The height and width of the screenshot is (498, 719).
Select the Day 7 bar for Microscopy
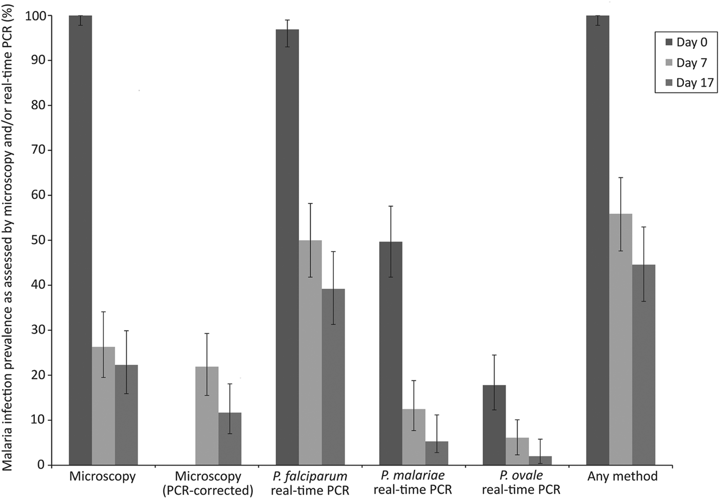tap(103, 406)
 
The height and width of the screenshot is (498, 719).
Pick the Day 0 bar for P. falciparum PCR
tap(287, 247)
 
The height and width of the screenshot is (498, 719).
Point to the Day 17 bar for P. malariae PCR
tap(437, 453)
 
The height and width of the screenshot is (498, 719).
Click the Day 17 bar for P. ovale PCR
tap(540, 460)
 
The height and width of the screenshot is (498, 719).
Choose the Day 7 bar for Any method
tap(620, 339)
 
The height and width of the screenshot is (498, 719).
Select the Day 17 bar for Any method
tap(644, 365)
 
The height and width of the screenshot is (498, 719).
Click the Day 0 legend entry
tap(686, 43)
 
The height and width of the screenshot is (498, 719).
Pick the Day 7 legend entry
tap(686, 63)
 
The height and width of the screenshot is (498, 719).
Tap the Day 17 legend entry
tap(688, 83)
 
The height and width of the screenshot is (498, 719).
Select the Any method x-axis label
tap(622, 476)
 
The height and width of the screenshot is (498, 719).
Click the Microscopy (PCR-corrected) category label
tap(207, 483)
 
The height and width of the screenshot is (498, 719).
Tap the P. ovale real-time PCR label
tap(521, 483)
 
